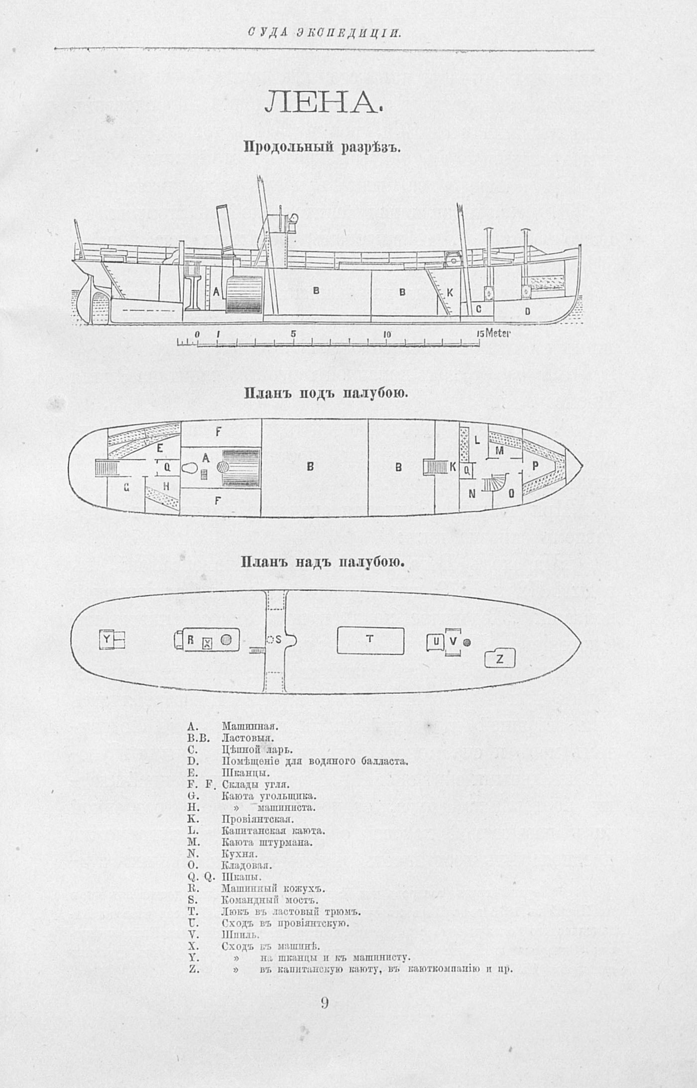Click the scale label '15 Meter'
pos(493,333)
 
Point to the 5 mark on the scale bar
pos(294,334)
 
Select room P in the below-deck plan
pos(536,466)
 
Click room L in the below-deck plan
pos(477,440)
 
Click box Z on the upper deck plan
pos(500,659)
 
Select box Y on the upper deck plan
pos(107,640)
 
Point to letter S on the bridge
pos(278,640)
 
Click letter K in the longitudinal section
pos(450,294)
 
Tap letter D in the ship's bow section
pos(527,311)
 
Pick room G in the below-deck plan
pos(126,488)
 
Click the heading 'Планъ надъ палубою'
pos(323,562)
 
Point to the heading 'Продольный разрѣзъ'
pos(322,147)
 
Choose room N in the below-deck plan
pos(472,494)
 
